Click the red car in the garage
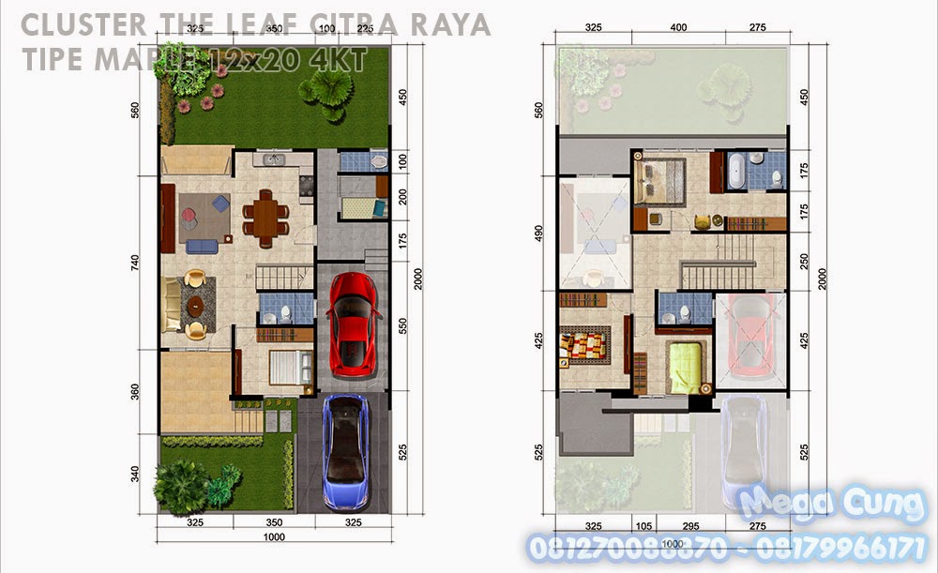point(353,324)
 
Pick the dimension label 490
point(538,232)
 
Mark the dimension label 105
point(643,528)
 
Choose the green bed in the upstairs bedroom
point(686,368)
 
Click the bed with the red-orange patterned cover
point(586,347)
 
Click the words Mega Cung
point(831,505)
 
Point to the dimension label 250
point(802,261)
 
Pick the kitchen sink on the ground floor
point(273,159)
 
